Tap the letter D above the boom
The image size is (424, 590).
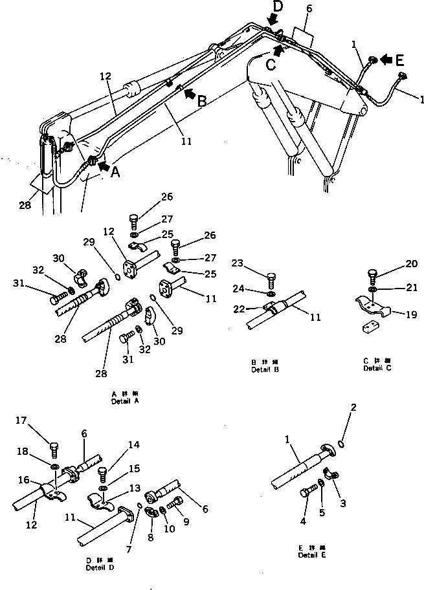click(x=278, y=7)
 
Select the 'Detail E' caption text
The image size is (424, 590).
click(x=307, y=554)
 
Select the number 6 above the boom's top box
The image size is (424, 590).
click(x=309, y=8)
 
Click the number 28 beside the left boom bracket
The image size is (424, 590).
click(x=24, y=205)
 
